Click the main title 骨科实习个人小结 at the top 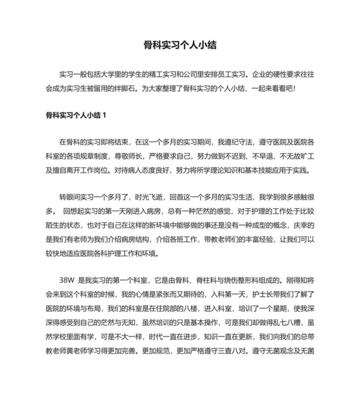179,46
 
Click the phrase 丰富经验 253,240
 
